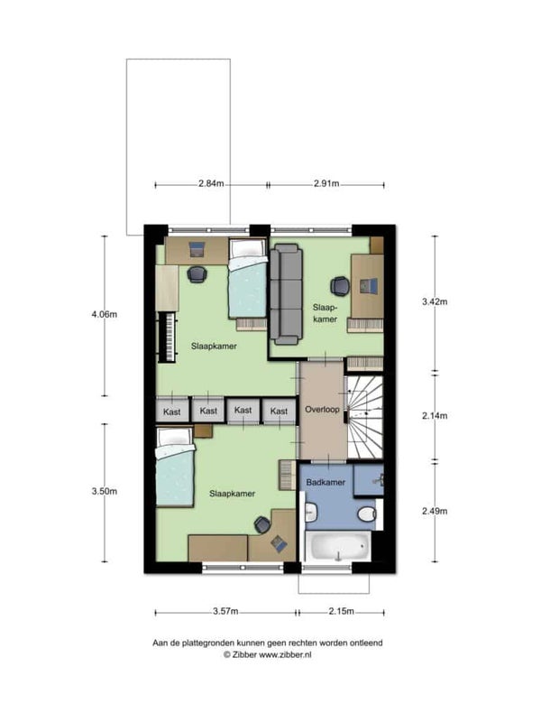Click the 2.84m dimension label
[211, 184]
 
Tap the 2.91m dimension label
[326, 184]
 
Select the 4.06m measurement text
[105, 314]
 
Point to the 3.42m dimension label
[435, 301]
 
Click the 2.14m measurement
[435, 416]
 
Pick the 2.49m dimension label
[435, 511]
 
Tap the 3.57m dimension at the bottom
[225, 612]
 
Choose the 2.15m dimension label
[342, 612]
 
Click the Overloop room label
[322, 410]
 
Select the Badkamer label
[326, 483]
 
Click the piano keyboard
[168, 337]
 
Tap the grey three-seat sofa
[286, 295]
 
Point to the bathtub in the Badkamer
[339, 547]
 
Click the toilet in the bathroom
[369, 514]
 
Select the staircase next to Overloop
[365, 417]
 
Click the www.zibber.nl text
[285, 655]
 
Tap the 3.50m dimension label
[105, 491]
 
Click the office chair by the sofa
[340, 286]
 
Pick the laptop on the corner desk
[279, 544]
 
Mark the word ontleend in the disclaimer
[366, 643]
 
